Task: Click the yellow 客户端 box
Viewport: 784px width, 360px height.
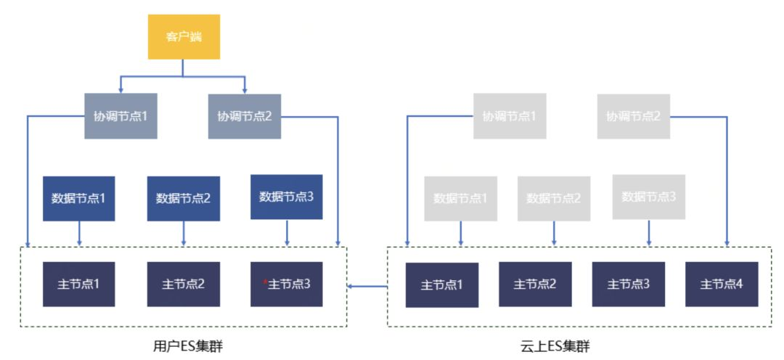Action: coord(184,37)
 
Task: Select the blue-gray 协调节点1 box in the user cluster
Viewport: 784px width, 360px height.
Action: coord(121,115)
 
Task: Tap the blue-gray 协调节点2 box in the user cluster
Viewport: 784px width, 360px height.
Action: coord(245,115)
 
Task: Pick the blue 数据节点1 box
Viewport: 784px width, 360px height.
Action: coord(79,197)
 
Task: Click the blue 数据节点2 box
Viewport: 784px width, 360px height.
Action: coord(183,197)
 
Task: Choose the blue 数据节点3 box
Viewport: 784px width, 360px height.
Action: coord(286,197)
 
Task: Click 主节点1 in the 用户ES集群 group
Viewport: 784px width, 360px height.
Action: coord(79,284)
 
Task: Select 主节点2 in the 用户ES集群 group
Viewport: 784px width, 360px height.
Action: coord(183,284)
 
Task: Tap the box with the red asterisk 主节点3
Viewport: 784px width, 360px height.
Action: coord(286,284)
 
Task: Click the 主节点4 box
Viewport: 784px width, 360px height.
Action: coord(722,285)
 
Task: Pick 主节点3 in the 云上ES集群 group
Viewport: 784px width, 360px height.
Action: coord(628,285)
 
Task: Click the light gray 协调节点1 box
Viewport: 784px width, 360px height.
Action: coord(510,115)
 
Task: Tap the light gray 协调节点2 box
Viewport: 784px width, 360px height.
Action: coord(634,115)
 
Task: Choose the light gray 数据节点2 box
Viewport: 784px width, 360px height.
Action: coord(554,198)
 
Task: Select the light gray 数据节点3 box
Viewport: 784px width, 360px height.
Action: coord(649,197)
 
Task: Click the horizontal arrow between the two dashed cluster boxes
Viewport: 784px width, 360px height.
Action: coord(367,286)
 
